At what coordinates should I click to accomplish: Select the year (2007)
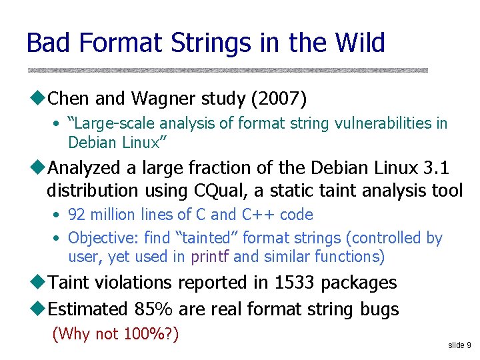[279, 99]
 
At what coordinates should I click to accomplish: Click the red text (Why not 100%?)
[115, 334]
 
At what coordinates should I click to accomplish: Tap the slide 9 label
[459, 345]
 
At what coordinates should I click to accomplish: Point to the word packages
[359, 283]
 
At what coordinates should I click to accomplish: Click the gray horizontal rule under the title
[227, 69]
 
